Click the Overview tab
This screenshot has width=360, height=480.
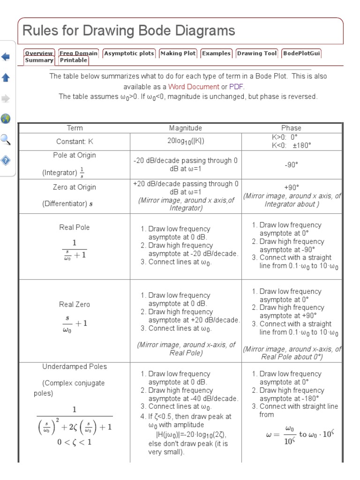(39, 53)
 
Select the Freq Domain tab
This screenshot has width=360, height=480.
(78, 53)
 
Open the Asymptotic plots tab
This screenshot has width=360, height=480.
(129, 53)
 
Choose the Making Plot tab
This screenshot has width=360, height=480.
(178, 53)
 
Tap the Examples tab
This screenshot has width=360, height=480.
(216, 53)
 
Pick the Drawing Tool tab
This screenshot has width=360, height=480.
(256, 53)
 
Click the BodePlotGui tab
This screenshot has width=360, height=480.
(301, 53)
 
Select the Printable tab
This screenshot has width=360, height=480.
(74, 60)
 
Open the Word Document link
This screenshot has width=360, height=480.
(194, 87)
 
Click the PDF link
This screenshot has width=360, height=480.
(236, 87)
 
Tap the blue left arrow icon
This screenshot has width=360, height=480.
(6, 57)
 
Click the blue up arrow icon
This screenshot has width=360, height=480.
(6, 77)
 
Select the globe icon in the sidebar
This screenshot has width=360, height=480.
(6, 118)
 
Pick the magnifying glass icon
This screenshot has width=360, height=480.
(6, 139)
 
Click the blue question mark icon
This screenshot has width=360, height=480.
(6, 160)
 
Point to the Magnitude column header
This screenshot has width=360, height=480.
(186, 128)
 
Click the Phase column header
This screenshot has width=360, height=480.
(291, 128)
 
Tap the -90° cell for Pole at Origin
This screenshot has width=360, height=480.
(291, 165)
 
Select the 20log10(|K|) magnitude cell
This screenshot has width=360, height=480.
(186, 141)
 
